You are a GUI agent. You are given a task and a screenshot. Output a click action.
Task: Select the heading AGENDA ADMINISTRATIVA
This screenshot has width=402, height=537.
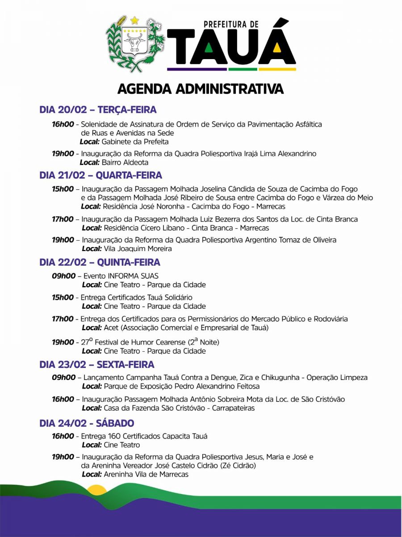tap(201, 89)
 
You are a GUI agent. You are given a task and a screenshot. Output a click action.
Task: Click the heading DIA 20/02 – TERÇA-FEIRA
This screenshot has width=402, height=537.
tap(98, 110)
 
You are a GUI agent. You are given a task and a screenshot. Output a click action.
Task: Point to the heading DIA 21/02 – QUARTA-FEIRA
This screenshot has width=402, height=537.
tap(100, 175)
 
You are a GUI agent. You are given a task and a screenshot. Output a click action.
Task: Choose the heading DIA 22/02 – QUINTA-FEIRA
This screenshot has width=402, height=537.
tap(100, 262)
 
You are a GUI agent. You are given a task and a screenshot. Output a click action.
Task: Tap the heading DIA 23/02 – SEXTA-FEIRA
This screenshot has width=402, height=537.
tap(96, 365)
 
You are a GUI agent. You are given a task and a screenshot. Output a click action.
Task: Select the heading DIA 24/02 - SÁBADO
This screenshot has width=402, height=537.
tap(87, 423)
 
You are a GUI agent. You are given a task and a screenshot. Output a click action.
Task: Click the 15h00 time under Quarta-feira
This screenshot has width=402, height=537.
tap(63, 189)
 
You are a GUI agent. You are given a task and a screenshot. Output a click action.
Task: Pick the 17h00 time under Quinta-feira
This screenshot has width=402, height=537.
tap(63, 319)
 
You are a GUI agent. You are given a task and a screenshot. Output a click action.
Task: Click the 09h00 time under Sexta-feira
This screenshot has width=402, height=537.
tap(63, 378)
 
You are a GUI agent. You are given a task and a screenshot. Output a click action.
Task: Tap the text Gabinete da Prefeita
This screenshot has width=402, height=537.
tap(135, 142)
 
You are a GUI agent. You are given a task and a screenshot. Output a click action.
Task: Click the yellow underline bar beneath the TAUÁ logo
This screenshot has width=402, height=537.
tap(277, 69)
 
